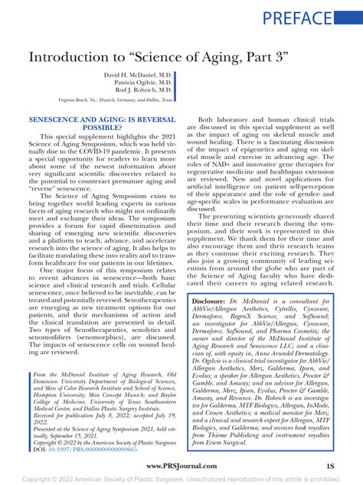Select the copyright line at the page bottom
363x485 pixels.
click(x=181, y=479)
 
